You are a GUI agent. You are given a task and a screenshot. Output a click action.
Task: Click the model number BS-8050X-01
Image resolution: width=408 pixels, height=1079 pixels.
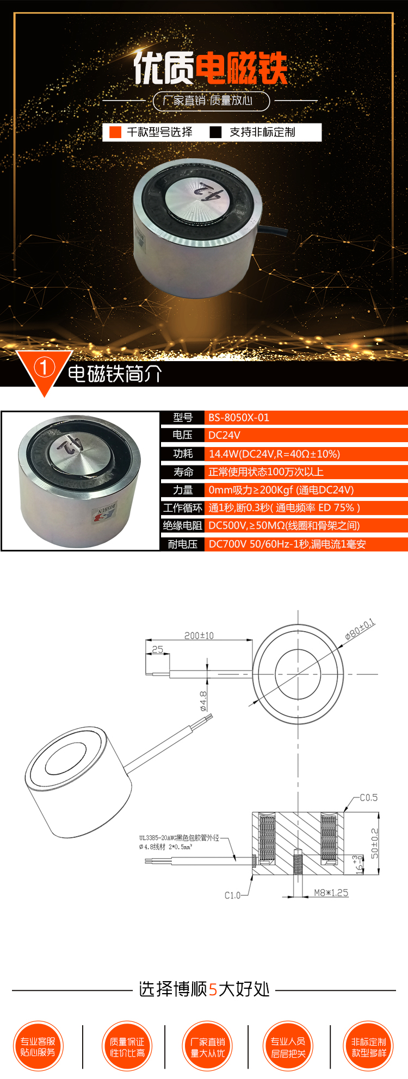(x=239, y=418)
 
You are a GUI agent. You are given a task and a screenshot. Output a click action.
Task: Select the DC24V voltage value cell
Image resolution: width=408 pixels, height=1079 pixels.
(x=224, y=435)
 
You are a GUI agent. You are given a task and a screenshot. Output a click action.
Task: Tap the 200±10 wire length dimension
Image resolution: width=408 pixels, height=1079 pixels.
(x=199, y=635)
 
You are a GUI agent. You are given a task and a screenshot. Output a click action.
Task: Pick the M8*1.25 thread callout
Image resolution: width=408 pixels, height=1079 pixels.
(x=331, y=892)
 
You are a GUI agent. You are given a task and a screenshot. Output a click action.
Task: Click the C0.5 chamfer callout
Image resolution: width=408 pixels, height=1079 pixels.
(x=368, y=797)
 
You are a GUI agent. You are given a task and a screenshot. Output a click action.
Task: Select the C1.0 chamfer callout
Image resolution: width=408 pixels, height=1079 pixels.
(x=232, y=895)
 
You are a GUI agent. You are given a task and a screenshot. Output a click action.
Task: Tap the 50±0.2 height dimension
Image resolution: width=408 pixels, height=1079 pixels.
(x=374, y=843)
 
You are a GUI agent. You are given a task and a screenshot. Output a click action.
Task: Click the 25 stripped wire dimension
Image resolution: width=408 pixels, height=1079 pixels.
(x=158, y=649)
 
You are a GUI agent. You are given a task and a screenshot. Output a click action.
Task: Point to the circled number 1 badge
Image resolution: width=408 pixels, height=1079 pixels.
(x=45, y=368)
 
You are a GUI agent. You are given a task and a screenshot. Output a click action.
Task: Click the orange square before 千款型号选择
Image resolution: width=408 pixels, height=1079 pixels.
(x=115, y=132)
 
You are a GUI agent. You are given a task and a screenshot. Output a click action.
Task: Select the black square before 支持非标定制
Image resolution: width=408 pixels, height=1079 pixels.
(x=216, y=132)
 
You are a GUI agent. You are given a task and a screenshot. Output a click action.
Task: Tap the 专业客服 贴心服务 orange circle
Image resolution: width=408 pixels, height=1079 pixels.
(x=38, y=1046)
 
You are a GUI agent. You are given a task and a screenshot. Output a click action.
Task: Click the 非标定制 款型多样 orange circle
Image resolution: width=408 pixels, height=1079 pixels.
(x=369, y=1046)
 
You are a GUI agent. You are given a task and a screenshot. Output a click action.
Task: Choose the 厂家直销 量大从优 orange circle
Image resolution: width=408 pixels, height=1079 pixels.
(x=208, y=1046)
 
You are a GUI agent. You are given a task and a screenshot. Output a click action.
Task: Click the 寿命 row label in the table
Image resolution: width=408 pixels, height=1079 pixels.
(x=183, y=472)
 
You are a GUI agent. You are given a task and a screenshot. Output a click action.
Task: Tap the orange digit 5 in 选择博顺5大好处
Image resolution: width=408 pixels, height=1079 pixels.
(x=213, y=989)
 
